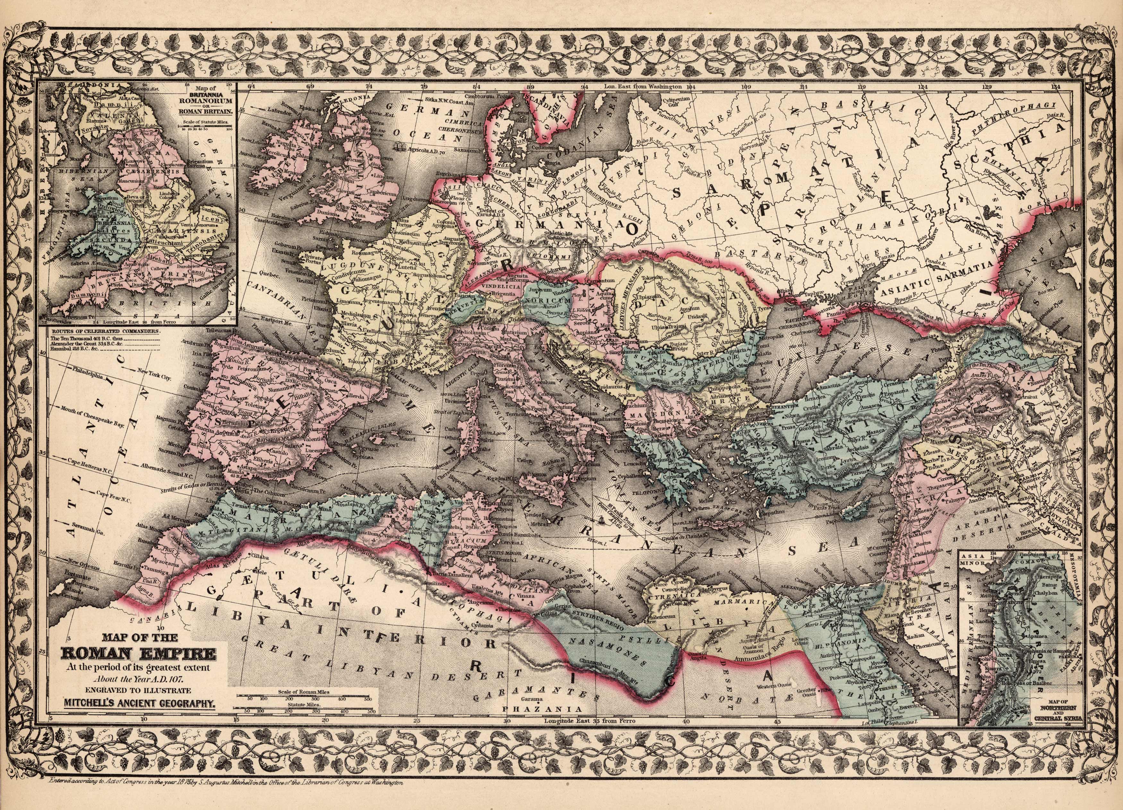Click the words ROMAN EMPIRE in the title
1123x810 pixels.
click(x=138, y=656)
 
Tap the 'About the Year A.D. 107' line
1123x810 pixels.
click(x=138, y=679)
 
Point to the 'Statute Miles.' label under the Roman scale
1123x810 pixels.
click(x=303, y=704)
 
